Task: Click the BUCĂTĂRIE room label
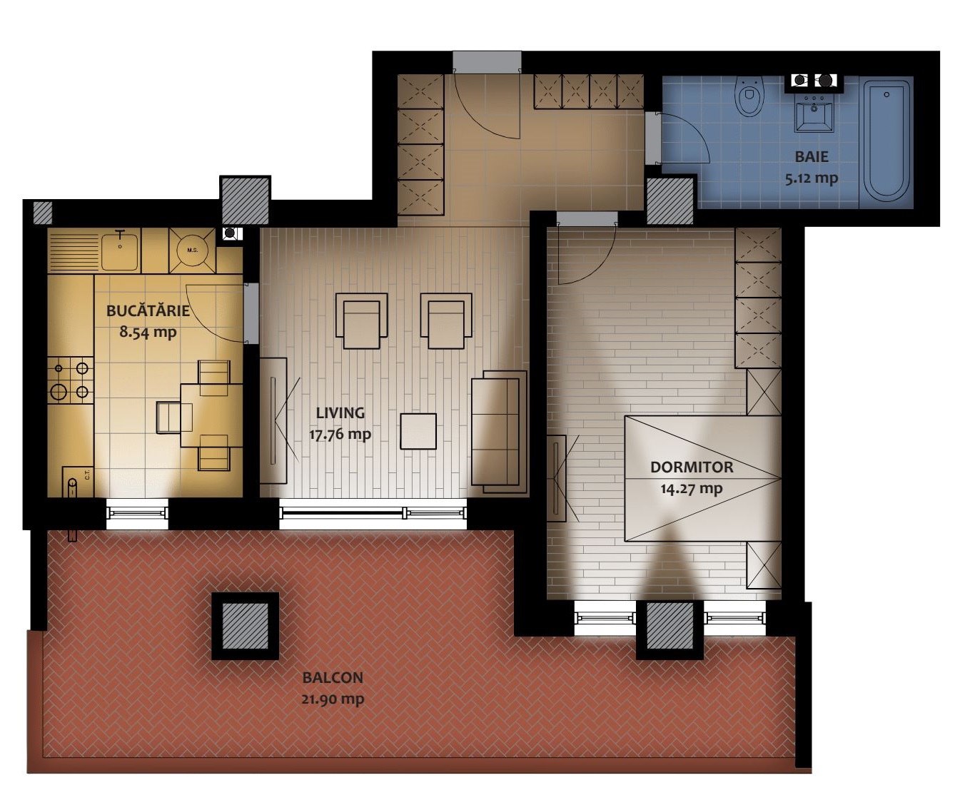click(x=148, y=310)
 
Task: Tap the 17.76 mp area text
click(x=340, y=434)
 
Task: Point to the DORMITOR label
click(x=692, y=467)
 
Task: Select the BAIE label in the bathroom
click(x=811, y=156)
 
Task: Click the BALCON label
click(x=333, y=677)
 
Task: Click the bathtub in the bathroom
click(x=886, y=141)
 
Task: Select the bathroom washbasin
click(x=815, y=113)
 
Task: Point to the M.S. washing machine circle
click(x=192, y=250)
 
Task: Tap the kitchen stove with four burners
click(x=71, y=380)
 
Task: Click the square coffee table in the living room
click(x=418, y=431)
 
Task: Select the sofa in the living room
click(x=499, y=432)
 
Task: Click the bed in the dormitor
click(x=702, y=478)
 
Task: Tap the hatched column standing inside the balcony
click(x=246, y=626)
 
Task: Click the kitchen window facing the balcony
click(x=137, y=512)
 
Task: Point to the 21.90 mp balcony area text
click(x=333, y=699)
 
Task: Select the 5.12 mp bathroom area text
click(x=811, y=178)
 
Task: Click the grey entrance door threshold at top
click(x=487, y=62)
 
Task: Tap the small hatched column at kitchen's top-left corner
click(x=43, y=213)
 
